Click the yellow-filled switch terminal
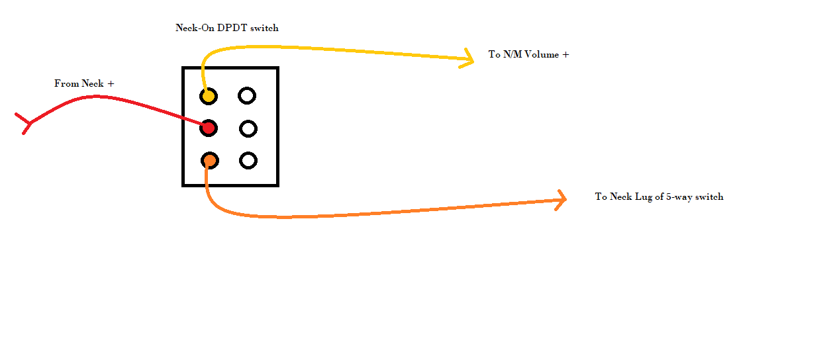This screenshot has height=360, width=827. click(209, 96)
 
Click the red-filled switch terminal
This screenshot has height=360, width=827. click(209, 128)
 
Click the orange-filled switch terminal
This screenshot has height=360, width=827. click(209, 160)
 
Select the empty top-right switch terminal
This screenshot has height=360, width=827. click(247, 96)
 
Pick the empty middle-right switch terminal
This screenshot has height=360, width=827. click(248, 128)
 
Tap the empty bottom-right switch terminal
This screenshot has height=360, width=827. click(248, 160)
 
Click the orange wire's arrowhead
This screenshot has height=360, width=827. click(562, 199)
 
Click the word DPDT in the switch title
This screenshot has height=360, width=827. click(234, 28)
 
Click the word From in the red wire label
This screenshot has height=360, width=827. click(67, 84)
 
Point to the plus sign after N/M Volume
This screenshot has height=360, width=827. click(565, 55)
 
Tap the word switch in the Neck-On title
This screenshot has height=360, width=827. click(264, 28)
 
